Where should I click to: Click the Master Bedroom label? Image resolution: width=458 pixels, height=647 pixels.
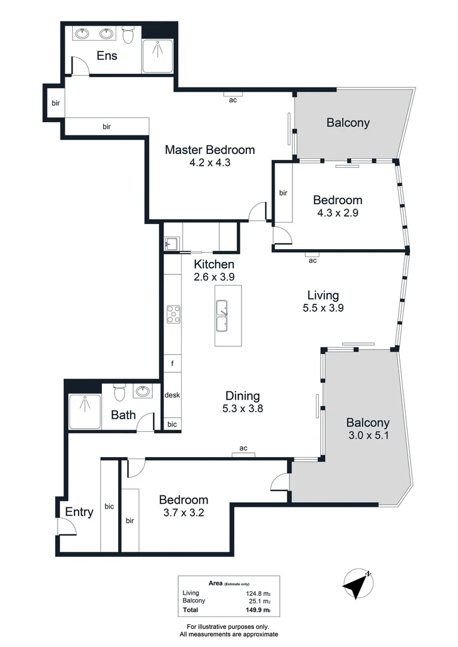pos(210,150)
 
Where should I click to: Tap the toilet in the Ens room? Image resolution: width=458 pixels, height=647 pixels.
pos(127,35)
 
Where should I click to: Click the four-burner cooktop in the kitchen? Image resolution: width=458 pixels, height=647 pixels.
pos(174,315)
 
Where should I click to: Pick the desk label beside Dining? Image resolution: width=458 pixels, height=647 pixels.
pos(173,395)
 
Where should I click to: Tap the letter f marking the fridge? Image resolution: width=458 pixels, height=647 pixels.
pos(173,364)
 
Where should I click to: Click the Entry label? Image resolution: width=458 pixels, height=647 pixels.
pos(79,512)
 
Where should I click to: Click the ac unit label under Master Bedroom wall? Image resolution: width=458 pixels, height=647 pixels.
pos(233,100)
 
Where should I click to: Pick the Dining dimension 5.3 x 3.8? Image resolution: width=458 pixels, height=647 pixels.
pos(243,409)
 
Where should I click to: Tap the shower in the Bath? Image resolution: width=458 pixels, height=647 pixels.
pos(85,412)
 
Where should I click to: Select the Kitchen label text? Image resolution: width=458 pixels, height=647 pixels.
pos(214,264)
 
